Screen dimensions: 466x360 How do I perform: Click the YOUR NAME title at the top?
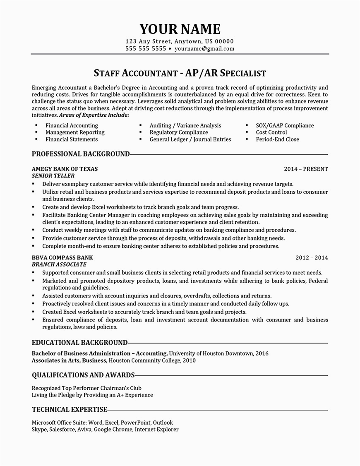coord(180,29)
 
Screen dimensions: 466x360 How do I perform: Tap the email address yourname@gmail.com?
coord(204,48)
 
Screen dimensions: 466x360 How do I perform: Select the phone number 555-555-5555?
coord(146,48)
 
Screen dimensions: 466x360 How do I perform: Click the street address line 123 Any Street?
coord(180,41)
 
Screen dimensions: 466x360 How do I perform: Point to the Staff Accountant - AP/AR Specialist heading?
coord(180,73)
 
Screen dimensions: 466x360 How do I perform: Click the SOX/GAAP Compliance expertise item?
coord(285,125)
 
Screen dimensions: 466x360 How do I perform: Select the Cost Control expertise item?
coord(271,132)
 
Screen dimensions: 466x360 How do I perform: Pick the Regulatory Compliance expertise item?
coord(179,132)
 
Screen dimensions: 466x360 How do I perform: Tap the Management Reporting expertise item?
coord(75,132)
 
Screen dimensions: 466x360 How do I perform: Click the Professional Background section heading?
coord(81,154)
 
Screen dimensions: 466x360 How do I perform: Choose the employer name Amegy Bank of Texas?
coord(65,169)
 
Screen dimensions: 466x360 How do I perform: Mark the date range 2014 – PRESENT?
coord(306,169)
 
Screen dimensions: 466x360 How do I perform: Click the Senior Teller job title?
coord(53,176)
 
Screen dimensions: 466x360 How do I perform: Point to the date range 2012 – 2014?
coord(312,257)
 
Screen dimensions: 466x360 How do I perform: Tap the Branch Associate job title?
coord(59,264)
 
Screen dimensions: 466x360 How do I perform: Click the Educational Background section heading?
coord(79,343)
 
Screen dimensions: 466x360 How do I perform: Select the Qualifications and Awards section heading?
coord(83,375)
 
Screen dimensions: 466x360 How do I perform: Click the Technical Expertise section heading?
coord(70,410)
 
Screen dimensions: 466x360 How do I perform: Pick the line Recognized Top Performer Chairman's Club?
coord(86,388)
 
